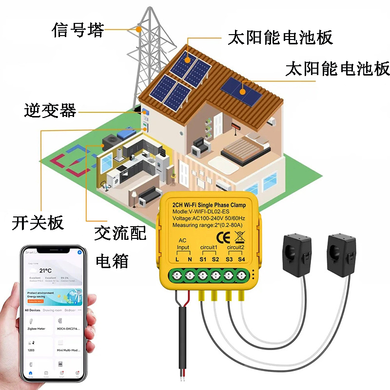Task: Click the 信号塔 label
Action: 78,30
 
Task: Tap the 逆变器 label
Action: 50,111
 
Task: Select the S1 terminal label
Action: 202,259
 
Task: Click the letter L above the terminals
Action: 177,259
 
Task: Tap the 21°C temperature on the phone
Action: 46,270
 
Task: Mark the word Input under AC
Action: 183,247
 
